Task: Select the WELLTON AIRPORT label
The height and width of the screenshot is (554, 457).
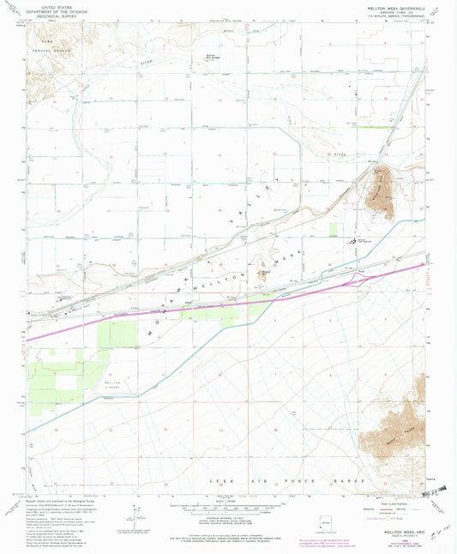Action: pos(114,383)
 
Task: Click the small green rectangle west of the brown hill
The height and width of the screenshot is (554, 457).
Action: pos(333,230)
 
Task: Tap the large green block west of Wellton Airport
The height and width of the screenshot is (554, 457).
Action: pos(56,377)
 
